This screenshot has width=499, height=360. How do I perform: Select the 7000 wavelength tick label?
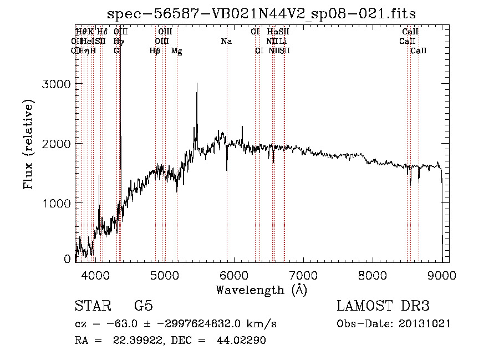click(303, 275)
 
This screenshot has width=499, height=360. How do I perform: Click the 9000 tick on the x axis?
click(442, 275)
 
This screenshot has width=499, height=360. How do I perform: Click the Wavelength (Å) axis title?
click(261, 290)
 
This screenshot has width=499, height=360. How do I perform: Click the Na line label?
click(226, 41)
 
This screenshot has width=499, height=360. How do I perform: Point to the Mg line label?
click(176, 51)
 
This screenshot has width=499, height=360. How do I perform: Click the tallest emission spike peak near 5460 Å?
click(196, 84)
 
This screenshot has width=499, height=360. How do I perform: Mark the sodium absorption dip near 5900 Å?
click(227, 169)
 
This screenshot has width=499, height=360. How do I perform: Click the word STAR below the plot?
click(93, 307)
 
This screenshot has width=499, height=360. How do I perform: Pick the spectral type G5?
click(143, 307)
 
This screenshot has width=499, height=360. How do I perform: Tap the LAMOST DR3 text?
click(383, 307)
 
